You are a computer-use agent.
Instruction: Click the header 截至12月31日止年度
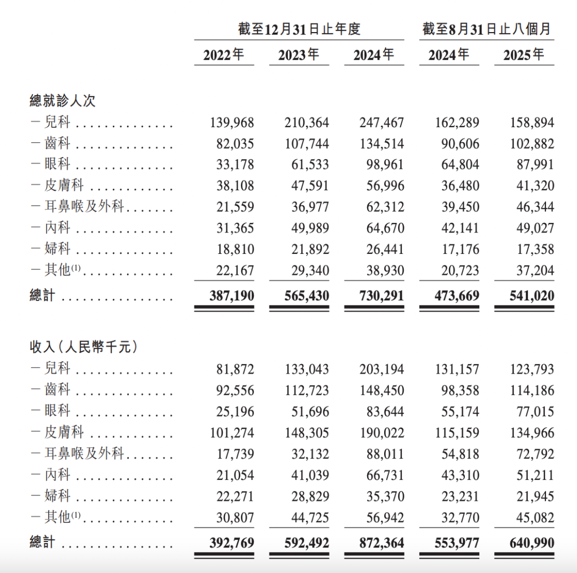(299, 29)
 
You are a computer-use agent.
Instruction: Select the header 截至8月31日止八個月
(486, 29)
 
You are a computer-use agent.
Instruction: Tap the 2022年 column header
(224, 55)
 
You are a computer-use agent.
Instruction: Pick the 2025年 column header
(524, 55)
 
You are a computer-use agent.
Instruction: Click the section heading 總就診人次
(63, 100)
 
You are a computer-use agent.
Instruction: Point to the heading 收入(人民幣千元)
(83, 347)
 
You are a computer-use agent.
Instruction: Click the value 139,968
(232, 122)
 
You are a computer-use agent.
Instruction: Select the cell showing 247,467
(382, 122)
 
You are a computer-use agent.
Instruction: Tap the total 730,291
(382, 296)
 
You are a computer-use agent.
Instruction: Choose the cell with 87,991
(532, 165)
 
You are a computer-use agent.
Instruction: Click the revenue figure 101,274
(232, 433)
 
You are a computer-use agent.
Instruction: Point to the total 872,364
(382, 543)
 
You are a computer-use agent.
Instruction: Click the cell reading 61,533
(307, 165)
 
